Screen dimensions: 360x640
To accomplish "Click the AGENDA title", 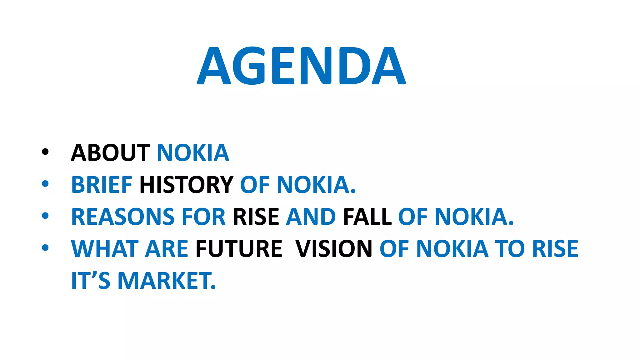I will pyautogui.click(x=301, y=66).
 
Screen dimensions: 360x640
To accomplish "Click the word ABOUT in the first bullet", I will pyautogui.click(x=110, y=153).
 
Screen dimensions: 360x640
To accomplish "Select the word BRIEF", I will pyautogui.click(x=102, y=185).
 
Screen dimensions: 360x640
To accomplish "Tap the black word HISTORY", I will pyautogui.click(x=186, y=185).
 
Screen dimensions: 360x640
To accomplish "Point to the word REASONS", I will pyautogui.click(x=122, y=217).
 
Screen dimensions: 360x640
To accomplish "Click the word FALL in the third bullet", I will pyautogui.click(x=367, y=217).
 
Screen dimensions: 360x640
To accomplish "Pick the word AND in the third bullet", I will pyautogui.click(x=311, y=217).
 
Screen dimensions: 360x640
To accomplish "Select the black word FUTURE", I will pyautogui.click(x=239, y=249).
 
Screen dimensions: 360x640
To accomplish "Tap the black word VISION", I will pyautogui.click(x=334, y=249).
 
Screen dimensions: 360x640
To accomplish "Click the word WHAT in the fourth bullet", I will pyautogui.click(x=105, y=249).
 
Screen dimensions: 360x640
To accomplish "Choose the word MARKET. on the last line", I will pyautogui.click(x=167, y=281).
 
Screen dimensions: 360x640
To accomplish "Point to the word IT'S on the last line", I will pyautogui.click(x=91, y=281).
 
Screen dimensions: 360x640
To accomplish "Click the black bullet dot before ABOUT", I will pyautogui.click(x=45, y=152).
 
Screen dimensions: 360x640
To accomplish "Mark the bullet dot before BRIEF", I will pyautogui.click(x=45, y=184).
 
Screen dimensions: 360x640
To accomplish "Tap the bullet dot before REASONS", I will pyautogui.click(x=45, y=216).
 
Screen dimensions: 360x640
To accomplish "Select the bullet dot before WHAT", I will pyautogui.click(x=45, y=248).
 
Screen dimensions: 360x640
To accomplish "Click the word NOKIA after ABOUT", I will pyautogui.click(x=193, y=153).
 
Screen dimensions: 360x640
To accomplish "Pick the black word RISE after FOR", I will pyautogui.click(x=256, y=217).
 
